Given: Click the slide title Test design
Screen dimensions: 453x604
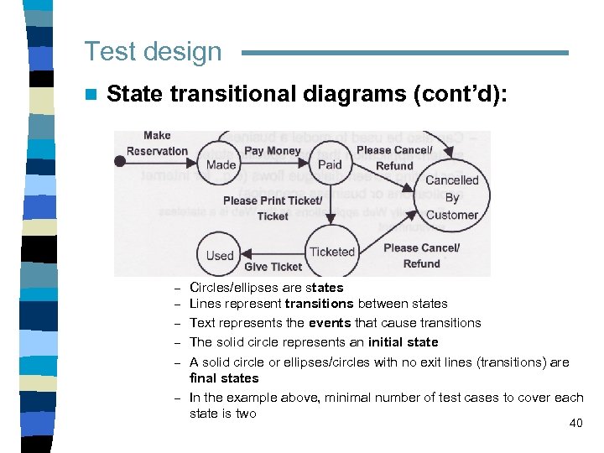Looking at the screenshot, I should (x=153, y=52).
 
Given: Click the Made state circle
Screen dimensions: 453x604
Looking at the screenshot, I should (x=221, y=164).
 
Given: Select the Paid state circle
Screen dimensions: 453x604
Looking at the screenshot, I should (x=330, y=164).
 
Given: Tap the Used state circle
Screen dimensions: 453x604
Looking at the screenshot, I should (x=220, y=255).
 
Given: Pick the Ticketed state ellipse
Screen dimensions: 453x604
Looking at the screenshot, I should (x=332, y=252).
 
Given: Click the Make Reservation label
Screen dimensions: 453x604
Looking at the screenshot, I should (x=157, y=143).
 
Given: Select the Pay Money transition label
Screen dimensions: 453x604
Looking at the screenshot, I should (x=272, y=151).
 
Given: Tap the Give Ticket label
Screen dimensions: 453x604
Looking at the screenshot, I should (x=273, y=267).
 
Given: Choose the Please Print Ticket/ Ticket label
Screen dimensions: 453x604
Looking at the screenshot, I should (x=272, y=208).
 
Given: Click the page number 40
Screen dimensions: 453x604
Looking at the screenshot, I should (x=575, y=423).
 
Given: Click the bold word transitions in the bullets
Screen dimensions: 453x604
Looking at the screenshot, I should (x=319, y=304).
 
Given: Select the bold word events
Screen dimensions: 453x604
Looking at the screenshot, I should (x=330, y=323).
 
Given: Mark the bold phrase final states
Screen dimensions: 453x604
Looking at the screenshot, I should (x=224, y=378).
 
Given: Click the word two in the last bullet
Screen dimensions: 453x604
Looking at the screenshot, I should (x=246, y=414).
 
